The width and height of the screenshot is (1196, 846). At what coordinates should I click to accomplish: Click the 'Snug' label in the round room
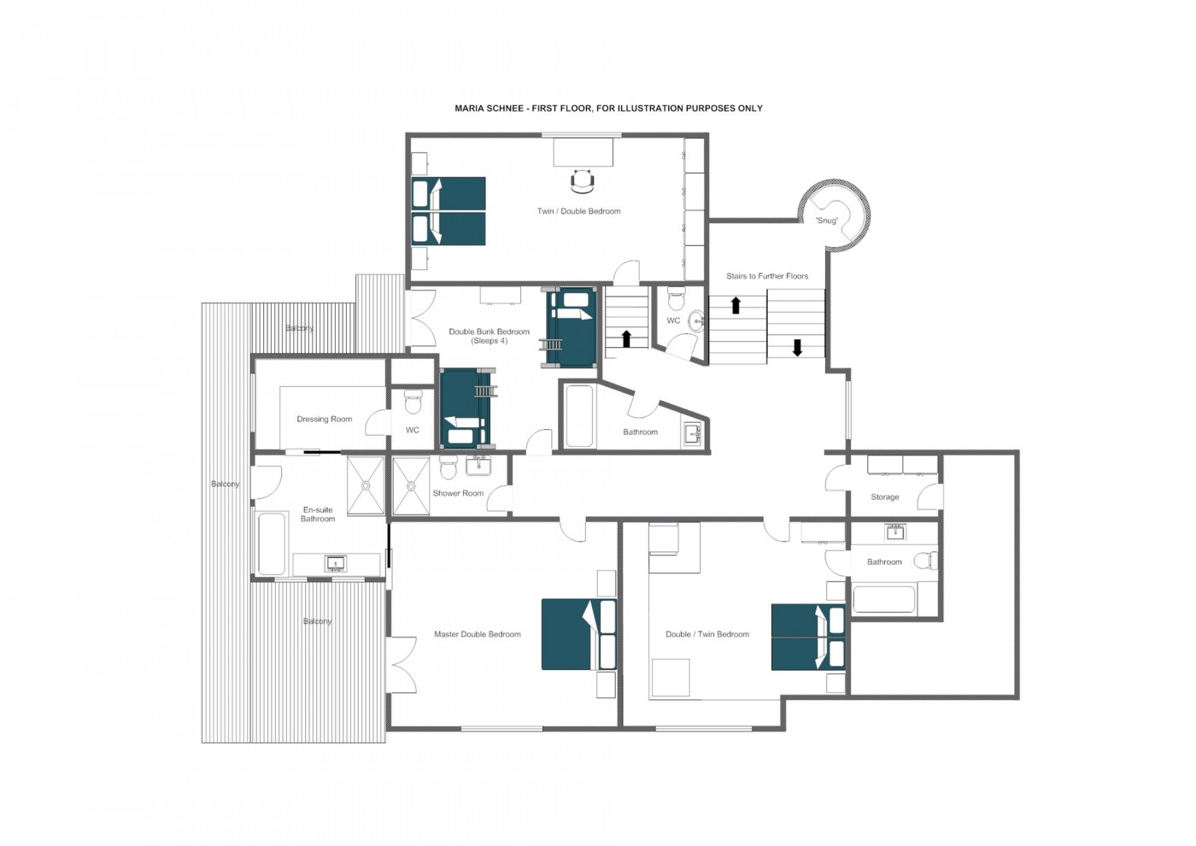click(826, 220)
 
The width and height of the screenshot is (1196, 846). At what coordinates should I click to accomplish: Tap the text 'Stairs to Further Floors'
click(766, 276)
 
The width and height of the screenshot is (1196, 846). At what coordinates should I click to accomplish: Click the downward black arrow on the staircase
click(797, 347)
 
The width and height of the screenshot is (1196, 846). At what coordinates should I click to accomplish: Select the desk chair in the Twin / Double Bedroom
click(582, 180)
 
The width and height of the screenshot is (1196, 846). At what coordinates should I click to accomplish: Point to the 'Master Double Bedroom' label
click(477, 634)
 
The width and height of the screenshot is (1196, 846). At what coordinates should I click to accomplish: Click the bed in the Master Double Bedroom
click(578, 634)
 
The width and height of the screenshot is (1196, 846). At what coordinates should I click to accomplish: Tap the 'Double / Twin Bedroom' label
click(706, 634)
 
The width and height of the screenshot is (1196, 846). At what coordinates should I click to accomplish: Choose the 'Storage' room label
click(884, 496)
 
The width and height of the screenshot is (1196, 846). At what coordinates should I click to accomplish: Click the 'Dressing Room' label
click(324, 419)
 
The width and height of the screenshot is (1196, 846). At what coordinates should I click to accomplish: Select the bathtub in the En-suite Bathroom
click(272, 543)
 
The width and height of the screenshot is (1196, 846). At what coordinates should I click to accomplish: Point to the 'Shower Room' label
click(458, 493)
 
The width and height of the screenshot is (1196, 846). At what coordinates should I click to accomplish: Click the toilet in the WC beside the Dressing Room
click(413, 400)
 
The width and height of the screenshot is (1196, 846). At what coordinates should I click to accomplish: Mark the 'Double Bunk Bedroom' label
click(489, 332)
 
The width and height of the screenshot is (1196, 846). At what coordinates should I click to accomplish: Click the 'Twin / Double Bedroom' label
click(578, 211)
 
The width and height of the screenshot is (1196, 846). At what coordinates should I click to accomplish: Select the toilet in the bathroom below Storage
click(924, 561)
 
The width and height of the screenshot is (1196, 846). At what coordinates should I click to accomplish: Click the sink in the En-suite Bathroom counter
click(336, 563)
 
